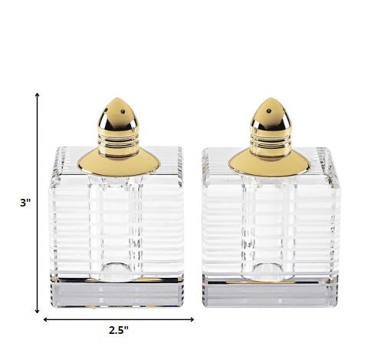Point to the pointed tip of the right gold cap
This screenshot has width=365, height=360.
[x=271, y=100]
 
